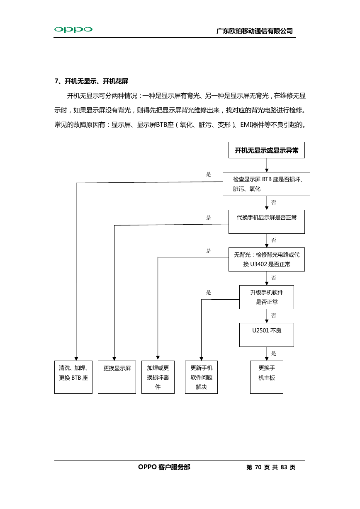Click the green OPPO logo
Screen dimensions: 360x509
(73, 29)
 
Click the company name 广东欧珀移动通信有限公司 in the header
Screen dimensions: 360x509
(255, 31)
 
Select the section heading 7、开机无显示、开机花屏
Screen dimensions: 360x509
(91, 81)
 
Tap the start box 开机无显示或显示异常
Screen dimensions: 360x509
(267, 150)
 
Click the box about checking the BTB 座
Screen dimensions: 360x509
(266, 184)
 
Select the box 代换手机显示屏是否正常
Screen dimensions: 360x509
(267, 222)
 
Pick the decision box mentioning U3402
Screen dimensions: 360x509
(267, 259)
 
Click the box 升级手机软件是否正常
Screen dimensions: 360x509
(267, 297)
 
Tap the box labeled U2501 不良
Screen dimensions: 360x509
(267, 335)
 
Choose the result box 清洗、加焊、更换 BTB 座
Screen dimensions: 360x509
(73, 377)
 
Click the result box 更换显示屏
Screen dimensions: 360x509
(117, 377)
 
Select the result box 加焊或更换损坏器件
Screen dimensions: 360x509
(158, 377)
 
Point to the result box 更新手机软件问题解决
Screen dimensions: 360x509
(202, 377)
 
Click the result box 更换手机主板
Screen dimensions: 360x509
(267, 377)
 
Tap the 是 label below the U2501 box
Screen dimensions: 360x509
(274, 353)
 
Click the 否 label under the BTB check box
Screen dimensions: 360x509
(274, 202)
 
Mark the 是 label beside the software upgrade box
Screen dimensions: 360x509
(208, 293)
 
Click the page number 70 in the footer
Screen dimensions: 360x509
(258, 467)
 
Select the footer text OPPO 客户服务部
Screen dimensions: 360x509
(164, 467)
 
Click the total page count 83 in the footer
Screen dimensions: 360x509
(284, 467)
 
